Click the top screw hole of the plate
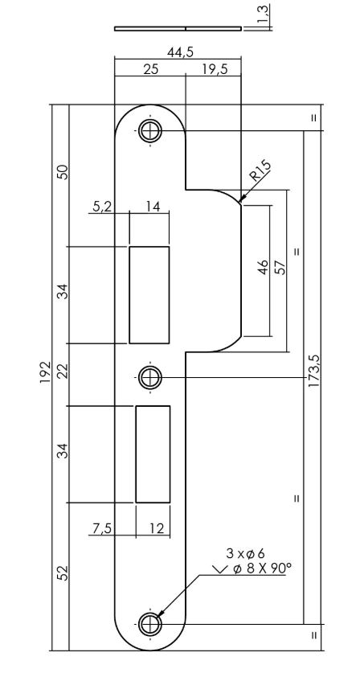[149, 130]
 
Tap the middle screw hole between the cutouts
[149, 376]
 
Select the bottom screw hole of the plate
[149, 624]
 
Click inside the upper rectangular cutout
[149, 294]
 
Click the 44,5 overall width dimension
[179, 53]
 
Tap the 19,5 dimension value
[213, 70]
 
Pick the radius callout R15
[260, 172]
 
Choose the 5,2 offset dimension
[102, 207]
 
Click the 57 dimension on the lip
[280, 267]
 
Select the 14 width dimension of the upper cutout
[153, 207]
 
